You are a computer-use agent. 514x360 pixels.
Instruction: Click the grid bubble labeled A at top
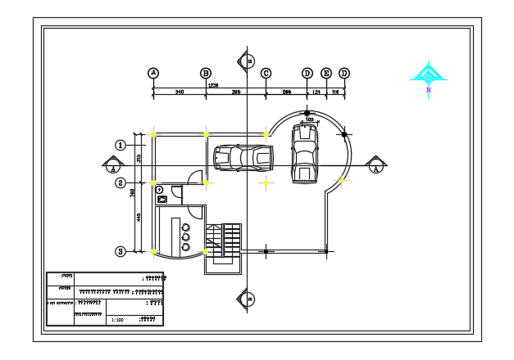point(153,73)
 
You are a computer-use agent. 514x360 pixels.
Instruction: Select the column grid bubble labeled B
point(206,73)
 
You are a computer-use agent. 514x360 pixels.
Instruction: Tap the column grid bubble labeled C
point(266,73)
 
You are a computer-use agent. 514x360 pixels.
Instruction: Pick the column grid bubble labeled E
point(326,73)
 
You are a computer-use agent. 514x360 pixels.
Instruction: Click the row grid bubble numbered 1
point(120,145)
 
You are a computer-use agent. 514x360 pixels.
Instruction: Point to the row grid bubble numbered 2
point(120,182)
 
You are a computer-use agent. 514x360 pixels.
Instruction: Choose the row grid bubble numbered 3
point(120,251)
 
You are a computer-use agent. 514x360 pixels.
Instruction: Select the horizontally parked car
point(243,158)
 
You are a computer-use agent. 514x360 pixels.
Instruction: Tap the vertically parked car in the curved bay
point(304,153)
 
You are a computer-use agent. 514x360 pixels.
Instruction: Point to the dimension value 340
point(180,92)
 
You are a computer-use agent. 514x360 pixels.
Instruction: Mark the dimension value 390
point(236,92)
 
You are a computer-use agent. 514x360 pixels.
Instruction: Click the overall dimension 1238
point(213,85)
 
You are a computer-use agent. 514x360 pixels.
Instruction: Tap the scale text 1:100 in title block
point(117,320)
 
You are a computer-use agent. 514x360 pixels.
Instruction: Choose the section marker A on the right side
point(375,165)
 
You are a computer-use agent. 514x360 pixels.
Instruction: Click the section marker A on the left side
point(112,165)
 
